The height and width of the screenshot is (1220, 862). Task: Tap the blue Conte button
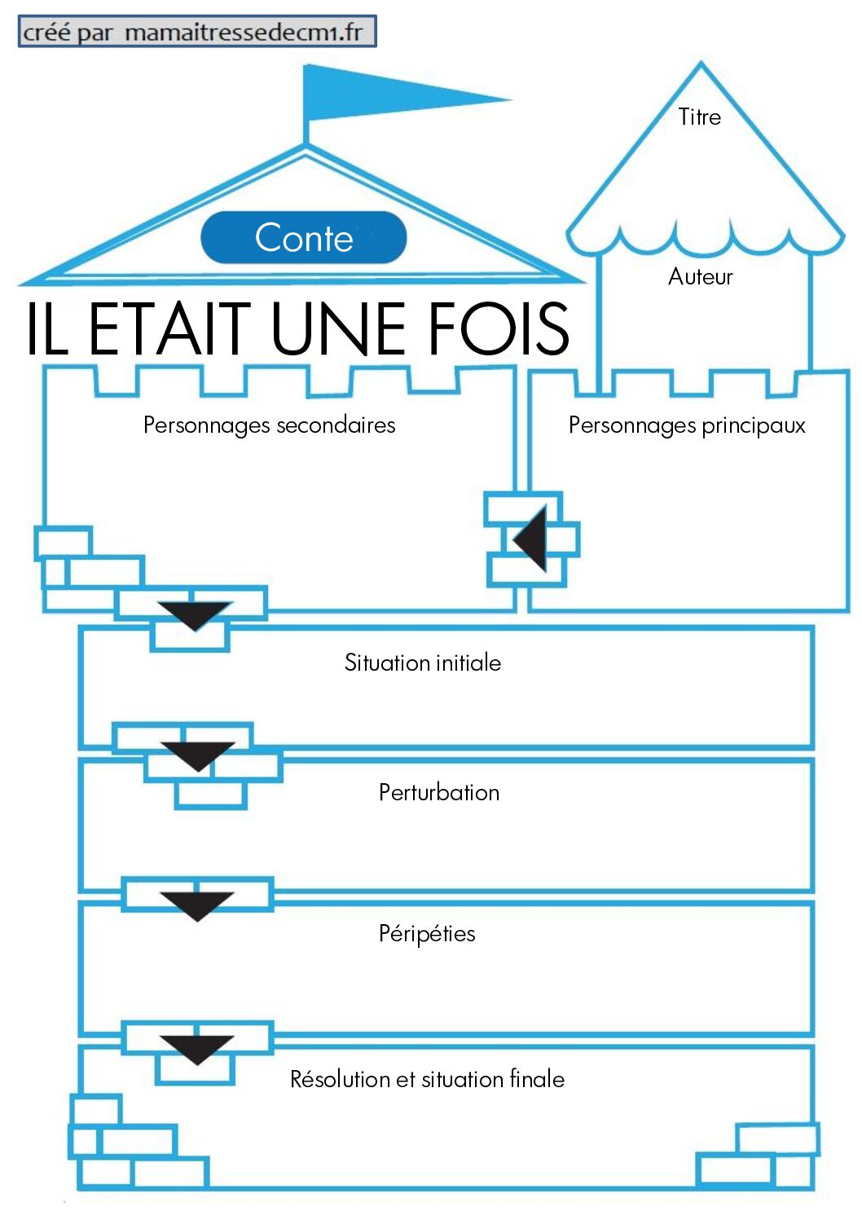(304, 237)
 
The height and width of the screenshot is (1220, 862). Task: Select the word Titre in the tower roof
(699, 117)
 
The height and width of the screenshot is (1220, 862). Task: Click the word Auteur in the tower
(700, 276)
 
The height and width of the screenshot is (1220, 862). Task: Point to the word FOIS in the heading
(499, 329)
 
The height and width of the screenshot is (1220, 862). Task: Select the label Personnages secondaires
(270, 425)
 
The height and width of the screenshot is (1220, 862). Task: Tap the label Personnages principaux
(687, 425)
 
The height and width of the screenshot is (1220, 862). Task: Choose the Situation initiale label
(423, 663)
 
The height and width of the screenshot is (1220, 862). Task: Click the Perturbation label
(439, 792)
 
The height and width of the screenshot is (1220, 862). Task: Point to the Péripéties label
(427, 933)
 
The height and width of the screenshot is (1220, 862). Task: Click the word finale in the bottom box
(537, 1079)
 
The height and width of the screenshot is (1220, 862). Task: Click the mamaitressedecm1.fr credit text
(244, 32)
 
